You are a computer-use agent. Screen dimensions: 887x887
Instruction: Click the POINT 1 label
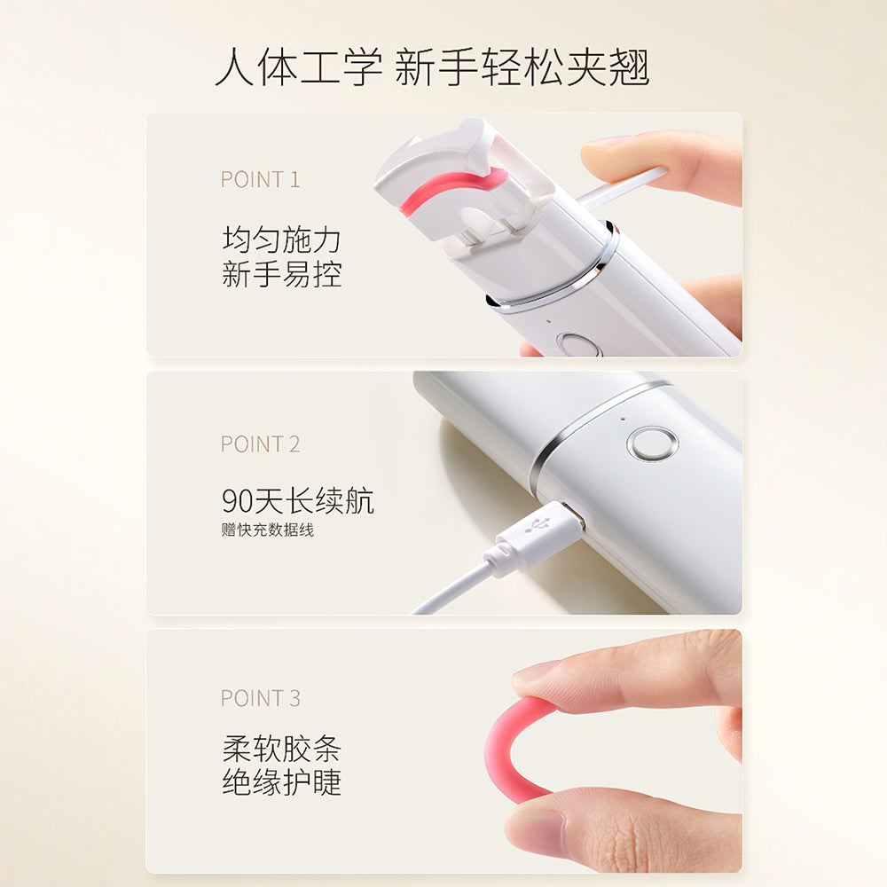tap(260, 179)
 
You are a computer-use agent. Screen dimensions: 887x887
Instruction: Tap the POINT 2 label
tap(260, 443)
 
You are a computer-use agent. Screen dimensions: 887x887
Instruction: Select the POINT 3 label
tap(260, 698)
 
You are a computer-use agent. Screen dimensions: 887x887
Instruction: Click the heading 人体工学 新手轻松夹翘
tap(432, 68)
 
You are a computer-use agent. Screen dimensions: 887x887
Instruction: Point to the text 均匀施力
tap(281, 239)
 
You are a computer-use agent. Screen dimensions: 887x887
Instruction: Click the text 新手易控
tap(281, 274)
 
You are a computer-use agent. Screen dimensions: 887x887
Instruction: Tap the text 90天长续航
tap(297, 501)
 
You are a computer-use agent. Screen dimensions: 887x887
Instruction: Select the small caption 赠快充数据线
tap(267, 530)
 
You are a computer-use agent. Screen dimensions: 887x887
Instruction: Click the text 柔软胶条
tap(281, 749)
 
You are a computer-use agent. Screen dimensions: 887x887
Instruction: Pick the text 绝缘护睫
tap(281, 783)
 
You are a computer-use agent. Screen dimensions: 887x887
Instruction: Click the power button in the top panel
tap(578, 344)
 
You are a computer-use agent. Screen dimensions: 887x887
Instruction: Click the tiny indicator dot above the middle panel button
tap(623, 418)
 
